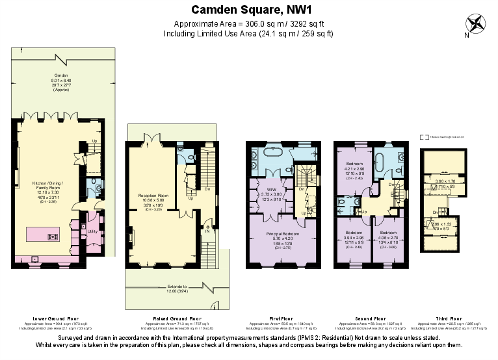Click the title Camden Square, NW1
coord(249,10)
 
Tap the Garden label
coord(60,75)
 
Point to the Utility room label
coord(92,231)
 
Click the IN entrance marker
coord(208,230)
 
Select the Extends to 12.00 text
coord(177,285)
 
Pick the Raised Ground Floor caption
coord(173,319)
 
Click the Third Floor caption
coord(444,319)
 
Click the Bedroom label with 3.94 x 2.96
coord(354,232)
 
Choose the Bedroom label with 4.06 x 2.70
coord(388,232)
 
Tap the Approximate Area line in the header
coord(249,24)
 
